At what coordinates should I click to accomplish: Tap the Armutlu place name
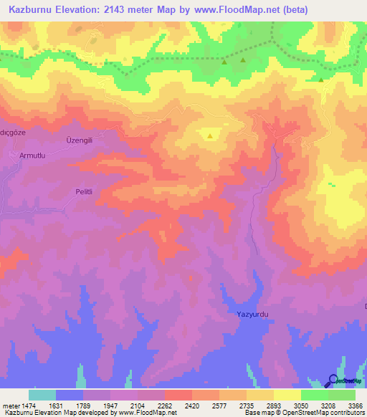coord(32,155)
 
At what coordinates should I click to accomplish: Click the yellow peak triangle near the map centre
coord(210,135)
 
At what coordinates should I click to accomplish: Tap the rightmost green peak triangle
coord(321,79)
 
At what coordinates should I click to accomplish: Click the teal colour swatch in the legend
coord(42,395)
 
